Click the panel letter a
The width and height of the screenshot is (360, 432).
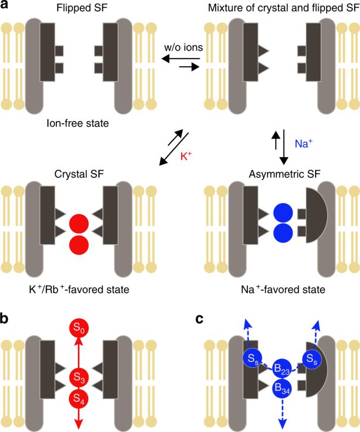click(x=6, y=7)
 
